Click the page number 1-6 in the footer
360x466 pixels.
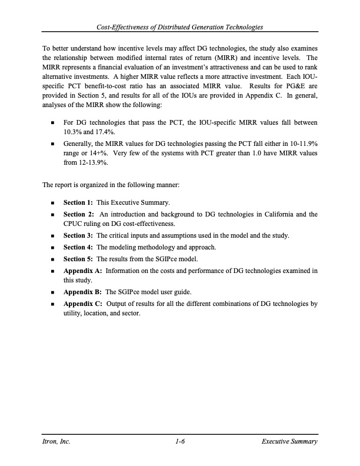pos(180,441)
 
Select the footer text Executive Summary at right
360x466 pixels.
pos(290,441)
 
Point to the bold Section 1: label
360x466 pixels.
pos(78,202)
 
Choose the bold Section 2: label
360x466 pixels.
pos(78,214)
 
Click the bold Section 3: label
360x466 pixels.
pos(78,235)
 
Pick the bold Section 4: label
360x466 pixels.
pos(78,247)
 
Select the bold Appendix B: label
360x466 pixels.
pos(83,292)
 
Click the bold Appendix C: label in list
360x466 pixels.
pos(83,304)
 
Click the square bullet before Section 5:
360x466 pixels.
pos(53,259)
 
